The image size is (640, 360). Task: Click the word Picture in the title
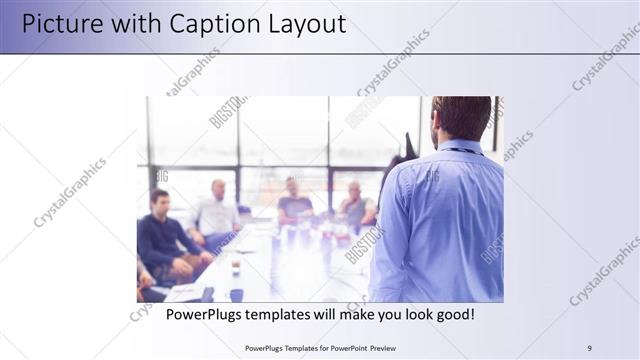click(x=61, y=23)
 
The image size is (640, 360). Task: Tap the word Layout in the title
click(x=304, y=23)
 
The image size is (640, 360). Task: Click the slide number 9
click(x=589, y=348)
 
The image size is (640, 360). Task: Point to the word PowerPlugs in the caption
click(x=207, y=315)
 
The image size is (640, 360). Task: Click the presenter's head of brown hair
click(x=461, y=115)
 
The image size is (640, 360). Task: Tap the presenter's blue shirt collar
click(x=461, y=149)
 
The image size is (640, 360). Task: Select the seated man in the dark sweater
click(x=160, y=235)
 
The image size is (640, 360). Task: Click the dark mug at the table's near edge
click(x=236, y=294)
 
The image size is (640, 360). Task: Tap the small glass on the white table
click(x=235, y=265)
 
